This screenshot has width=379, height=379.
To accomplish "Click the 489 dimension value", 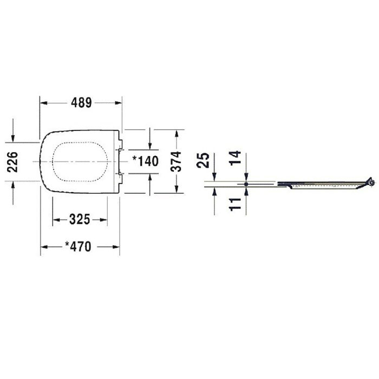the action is click(x=81, y=103).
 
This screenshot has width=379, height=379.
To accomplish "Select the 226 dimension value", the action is click(x=12, y=162).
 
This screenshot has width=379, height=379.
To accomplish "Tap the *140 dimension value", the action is click(x=146, y=161).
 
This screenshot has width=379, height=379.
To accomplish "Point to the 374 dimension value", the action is click(x=176, y=161).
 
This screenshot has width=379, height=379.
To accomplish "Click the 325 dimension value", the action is click(x=80, y=219).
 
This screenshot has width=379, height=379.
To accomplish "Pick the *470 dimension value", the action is click(x=78, y=246).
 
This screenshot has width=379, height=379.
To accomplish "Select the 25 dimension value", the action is click(x=202, y=160).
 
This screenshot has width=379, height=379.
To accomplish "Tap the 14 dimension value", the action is click(x=235, y=158).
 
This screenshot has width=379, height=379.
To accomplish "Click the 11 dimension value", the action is click(x=235, y=205).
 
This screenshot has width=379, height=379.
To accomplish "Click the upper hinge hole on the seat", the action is click(x=120, y=150).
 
